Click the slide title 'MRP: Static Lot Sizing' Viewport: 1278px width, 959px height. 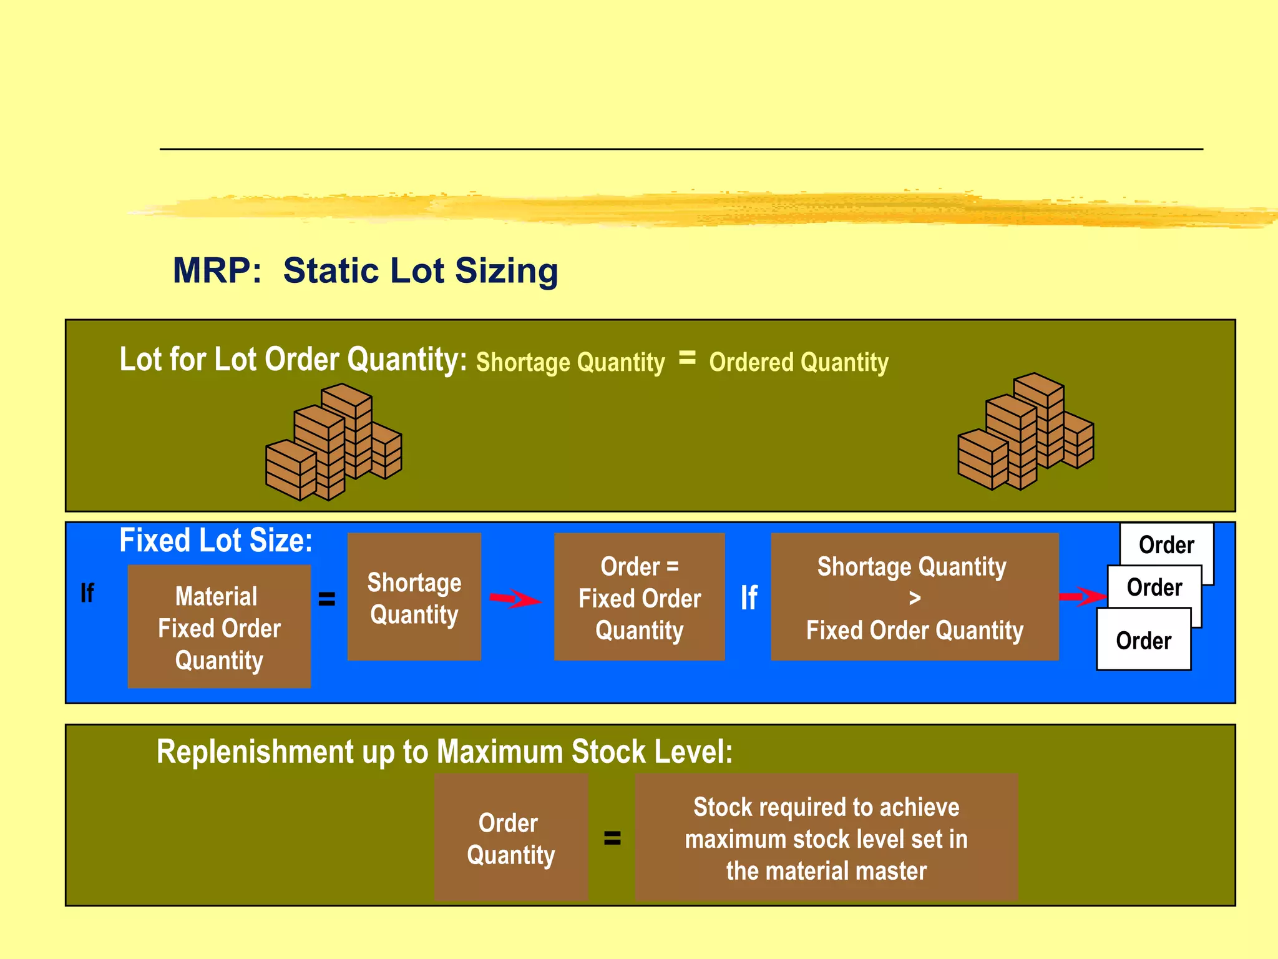click(365, 271)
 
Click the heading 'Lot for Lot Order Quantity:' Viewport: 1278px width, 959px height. click(293, 360)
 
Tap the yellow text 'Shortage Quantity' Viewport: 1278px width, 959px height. click(570, 362)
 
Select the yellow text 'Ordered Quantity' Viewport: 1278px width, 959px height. click(799, 362)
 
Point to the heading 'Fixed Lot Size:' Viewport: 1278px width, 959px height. click(216, 541)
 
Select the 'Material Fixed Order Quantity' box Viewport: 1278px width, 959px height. click(219, 627)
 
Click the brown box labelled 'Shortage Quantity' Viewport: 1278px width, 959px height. click(414, 598)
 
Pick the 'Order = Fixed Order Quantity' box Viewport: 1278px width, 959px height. click(639, 598)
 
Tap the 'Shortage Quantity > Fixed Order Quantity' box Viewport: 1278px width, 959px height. click(914, 598)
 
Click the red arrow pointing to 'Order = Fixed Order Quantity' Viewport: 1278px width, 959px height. click(515, 599)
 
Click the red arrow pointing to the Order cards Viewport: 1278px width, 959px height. click(1081, 597)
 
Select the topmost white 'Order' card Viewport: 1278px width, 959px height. click(1167, 544)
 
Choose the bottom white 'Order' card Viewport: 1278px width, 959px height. click(1143, 641)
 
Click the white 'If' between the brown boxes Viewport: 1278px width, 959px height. click(749, 598)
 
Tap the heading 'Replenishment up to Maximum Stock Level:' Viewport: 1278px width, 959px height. click(444, 752)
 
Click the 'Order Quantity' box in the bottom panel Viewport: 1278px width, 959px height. click(511, 838)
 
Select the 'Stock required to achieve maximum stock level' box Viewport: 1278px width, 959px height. click(826, 838)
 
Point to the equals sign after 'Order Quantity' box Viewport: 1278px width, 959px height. click(612, 838)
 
